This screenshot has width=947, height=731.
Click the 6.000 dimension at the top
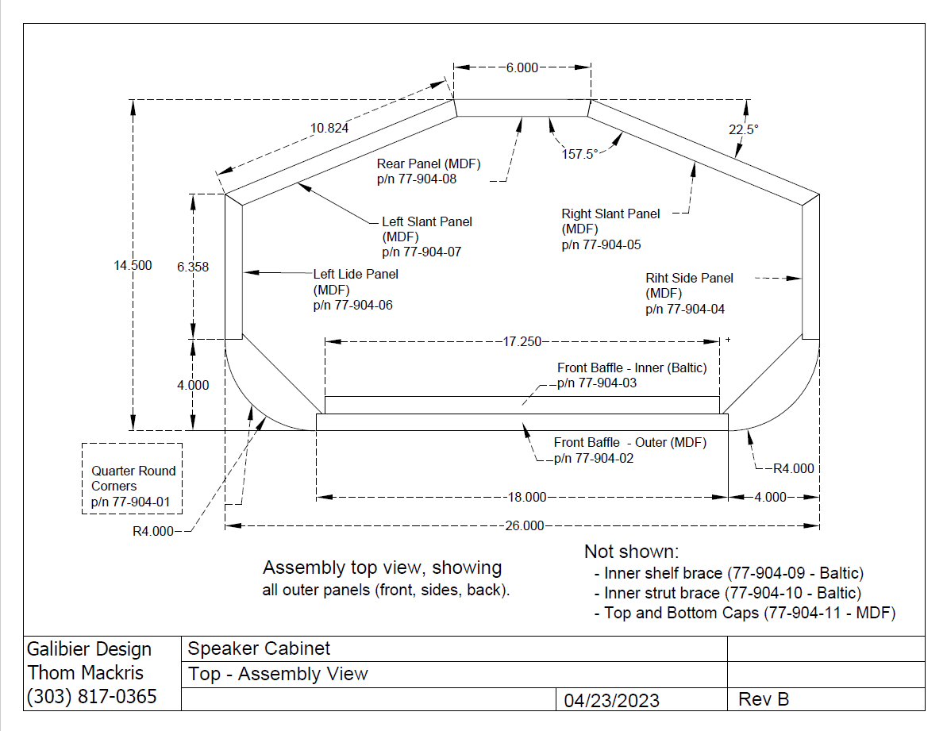[x=521, y=68]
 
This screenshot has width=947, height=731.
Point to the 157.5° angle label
[x=579, y=154]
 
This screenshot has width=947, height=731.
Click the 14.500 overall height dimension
[x=133, y=266]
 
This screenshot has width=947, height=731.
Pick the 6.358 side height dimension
[x=193, y=267]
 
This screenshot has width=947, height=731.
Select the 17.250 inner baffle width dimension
[x=522, y=341]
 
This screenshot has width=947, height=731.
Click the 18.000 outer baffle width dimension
[x=527, y=497]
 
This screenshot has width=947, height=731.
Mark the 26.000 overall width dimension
[x=524, y=525]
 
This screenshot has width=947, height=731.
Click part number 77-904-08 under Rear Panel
[x=417, y=179]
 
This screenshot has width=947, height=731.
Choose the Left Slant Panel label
[x=426, y=222]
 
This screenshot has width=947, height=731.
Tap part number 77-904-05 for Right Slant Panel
[x=601, y=245]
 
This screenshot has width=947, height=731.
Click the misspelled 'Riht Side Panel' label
[x=689, y=279]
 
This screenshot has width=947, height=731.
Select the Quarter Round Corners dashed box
[x=133, y=479]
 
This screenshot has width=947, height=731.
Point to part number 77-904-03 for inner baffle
[x=597, y=383]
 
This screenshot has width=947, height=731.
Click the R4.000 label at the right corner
[x=793, y=468]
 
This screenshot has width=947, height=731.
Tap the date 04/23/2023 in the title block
[x=611, y=700]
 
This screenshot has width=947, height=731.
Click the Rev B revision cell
[x=764, y=699]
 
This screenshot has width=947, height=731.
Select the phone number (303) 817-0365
[x=91, y=697]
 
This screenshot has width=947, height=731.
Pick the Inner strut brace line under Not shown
[x=732, y=593]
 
